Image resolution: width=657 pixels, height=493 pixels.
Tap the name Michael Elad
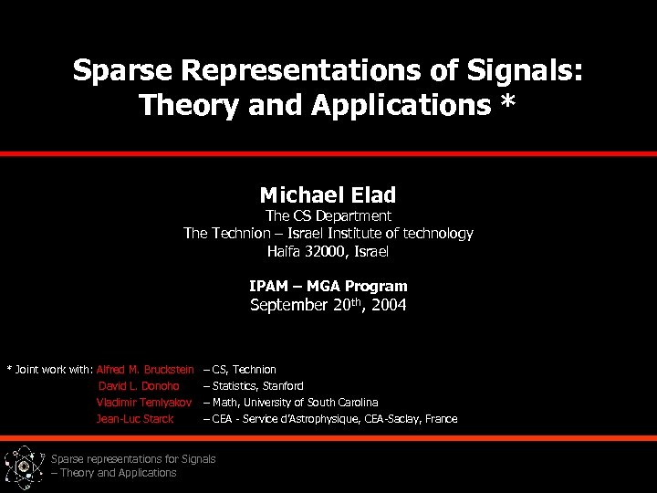[x=328, y=194]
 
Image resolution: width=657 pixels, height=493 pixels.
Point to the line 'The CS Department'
[x=328, y=216]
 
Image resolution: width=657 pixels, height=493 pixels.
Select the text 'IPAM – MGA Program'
[x=328, y=287]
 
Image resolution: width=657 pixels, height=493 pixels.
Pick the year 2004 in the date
[x=387, y=306]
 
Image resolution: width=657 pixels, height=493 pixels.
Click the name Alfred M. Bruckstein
[x=145, y=370]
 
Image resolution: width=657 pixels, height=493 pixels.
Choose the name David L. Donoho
[x=139, y=386]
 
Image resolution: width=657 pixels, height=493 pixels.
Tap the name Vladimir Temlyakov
[x=143, y=403]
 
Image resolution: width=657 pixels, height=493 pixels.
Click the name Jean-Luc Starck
[x=134, y=419]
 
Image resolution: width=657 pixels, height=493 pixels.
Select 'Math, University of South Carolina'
[x=295, y=403]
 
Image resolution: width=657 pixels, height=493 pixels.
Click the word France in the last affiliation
[x=440, y=419]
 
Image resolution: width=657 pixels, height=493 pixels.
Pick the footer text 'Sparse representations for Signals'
[x=133, y=459]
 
